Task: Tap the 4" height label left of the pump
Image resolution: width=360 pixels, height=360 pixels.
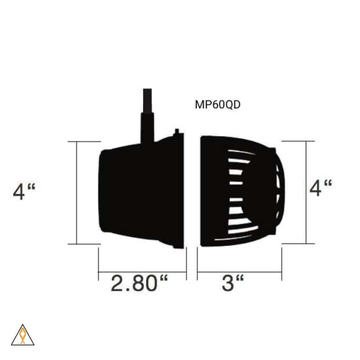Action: pyautogui.click(x=24, y=193)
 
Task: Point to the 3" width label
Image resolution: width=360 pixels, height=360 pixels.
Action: pyautogui.click(x=233, y=283)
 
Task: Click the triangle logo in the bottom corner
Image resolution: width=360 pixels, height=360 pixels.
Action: pyautogui.click(x=22, y=336)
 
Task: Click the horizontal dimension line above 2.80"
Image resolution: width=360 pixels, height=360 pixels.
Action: pyautogui.click(x=142, y=272)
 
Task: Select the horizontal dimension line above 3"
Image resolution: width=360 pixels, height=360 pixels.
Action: pyautogui.click(x=239, y=272)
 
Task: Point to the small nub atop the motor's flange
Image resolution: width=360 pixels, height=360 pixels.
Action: pyautogui.click(x=177, y=131)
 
